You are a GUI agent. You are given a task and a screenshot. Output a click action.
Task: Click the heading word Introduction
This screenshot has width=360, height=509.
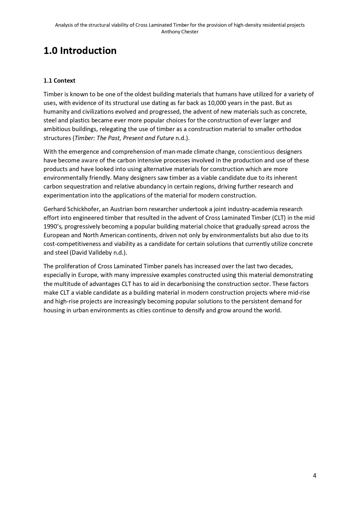[x=88, y=51]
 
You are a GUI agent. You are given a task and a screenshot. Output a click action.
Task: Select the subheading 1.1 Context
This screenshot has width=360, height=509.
[x=59, y=81]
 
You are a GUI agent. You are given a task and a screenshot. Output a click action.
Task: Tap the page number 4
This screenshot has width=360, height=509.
[x=314, y=475]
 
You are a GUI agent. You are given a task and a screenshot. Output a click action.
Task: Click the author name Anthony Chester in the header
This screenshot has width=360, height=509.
[x=180, y=32]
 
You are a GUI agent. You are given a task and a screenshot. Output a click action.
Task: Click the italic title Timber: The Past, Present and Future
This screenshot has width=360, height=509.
[x=124, y=138]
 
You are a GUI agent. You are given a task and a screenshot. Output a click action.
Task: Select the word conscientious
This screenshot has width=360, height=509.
[x=256, y=152]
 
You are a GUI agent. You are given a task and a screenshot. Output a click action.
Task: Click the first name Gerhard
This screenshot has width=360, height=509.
[x=55, y=209]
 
